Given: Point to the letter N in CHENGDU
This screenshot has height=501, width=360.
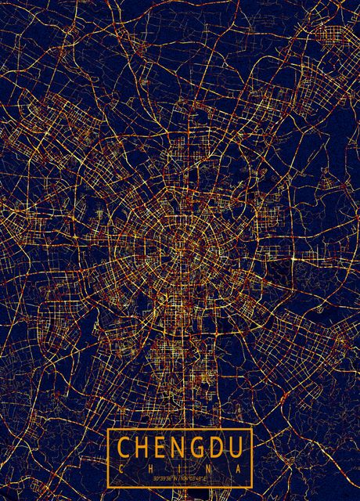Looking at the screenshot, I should coord(180,448).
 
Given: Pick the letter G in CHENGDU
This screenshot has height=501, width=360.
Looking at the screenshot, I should coord(199,448).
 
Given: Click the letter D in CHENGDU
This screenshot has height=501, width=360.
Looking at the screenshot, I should coord(218,448).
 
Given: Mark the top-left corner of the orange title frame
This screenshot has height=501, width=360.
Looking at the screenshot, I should coord(108,429).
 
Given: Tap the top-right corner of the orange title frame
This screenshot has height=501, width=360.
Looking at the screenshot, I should coord(252,429).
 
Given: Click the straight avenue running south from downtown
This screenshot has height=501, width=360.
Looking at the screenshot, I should coord(185,368).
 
